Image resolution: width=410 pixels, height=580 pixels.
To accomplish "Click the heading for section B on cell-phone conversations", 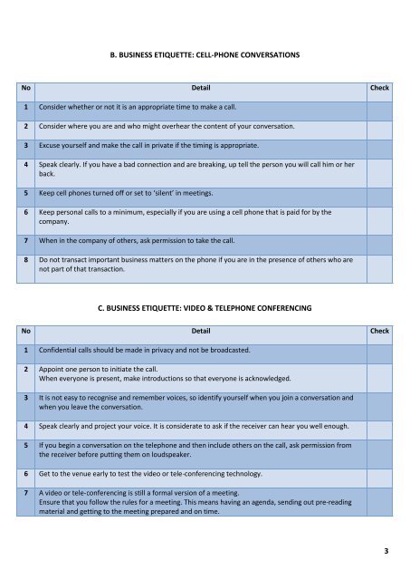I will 204,55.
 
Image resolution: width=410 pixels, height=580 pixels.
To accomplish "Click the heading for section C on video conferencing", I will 204,308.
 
